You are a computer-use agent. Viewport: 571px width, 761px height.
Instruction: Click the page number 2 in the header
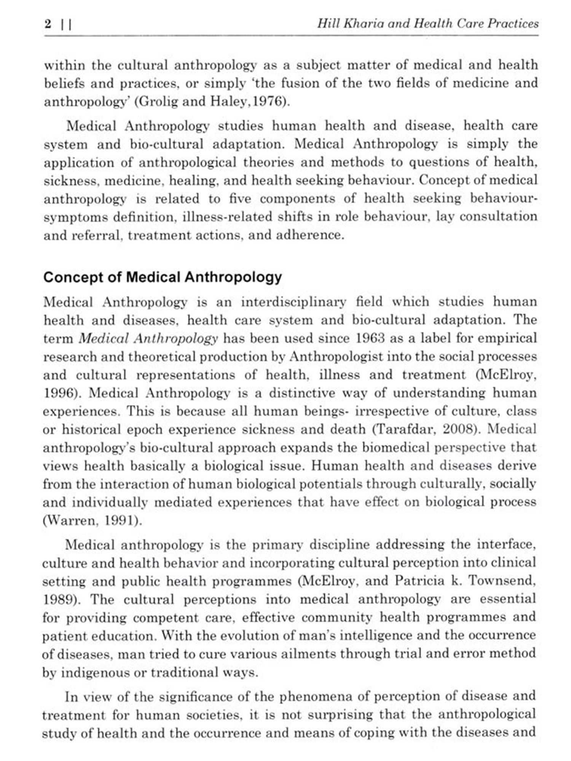point(48,24)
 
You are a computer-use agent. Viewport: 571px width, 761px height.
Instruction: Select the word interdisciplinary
point(293,302)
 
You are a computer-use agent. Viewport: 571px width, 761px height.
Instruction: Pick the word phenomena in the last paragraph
point(310,697)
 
